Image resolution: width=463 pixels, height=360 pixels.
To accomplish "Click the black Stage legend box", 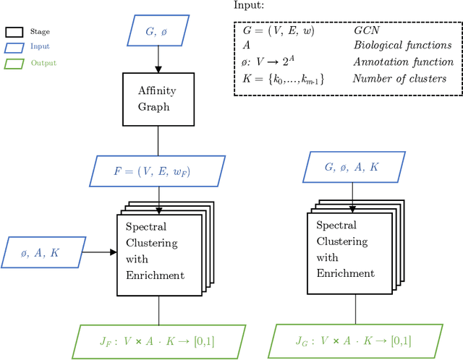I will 14,32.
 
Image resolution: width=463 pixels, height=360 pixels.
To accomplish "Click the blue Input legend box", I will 14,47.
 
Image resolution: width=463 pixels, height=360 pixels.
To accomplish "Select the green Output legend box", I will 14,63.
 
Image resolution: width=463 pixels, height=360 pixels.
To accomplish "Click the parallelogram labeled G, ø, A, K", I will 352,168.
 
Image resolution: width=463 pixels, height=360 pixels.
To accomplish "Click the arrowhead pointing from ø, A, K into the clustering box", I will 112,252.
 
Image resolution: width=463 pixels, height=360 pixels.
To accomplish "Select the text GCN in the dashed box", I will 365,32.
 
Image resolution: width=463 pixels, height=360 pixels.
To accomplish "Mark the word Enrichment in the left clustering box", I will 154,275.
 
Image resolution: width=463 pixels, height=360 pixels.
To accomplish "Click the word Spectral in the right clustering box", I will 336,225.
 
